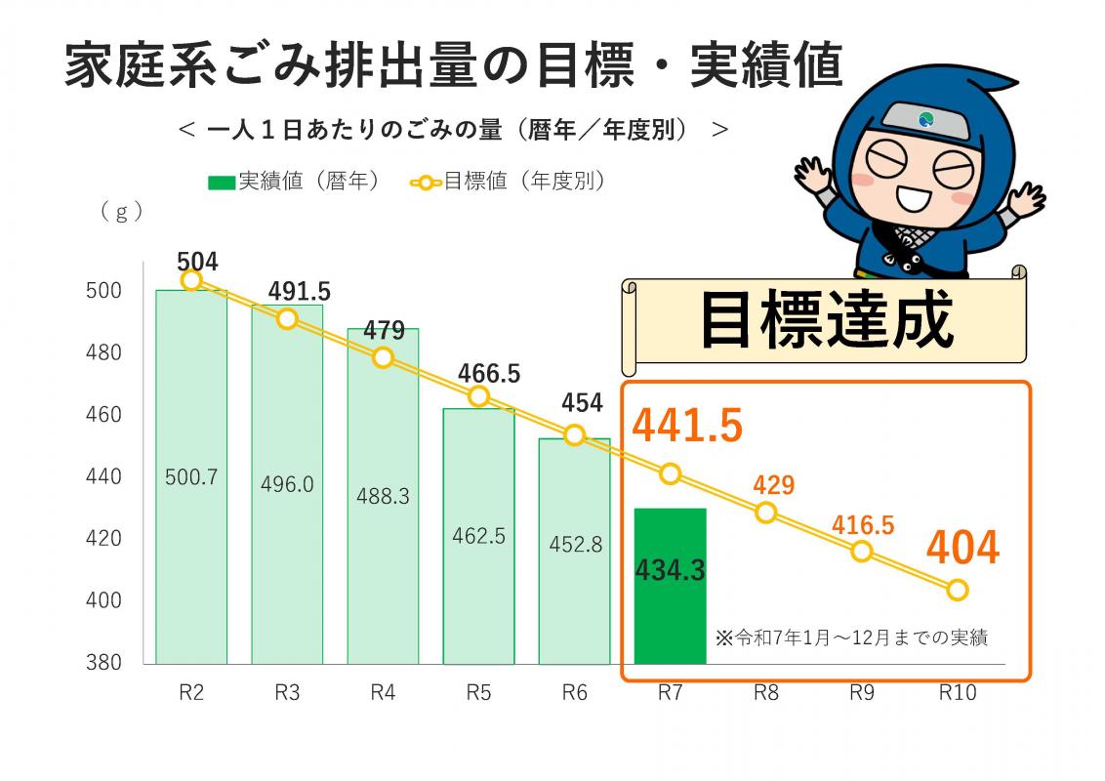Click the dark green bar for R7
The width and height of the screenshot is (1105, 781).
click(670, 586)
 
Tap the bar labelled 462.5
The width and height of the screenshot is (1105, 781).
click(478, 536)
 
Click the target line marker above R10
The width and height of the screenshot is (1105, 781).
click(958, 590)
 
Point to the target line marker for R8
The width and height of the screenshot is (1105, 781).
click(766, 513)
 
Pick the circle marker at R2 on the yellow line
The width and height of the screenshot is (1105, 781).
click(191, 280)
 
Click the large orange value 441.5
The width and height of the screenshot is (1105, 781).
click(687, 425)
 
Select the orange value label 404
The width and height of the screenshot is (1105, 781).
click(962, 548)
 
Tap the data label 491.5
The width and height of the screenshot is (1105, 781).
click(300, 291)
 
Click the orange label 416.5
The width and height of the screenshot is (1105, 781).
click(863, 525)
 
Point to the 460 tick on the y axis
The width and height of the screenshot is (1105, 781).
click(103, 415)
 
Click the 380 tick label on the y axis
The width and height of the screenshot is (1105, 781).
click(103, 663)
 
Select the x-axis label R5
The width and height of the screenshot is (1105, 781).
click(478, 693)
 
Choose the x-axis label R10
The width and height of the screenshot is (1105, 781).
click(958, 693)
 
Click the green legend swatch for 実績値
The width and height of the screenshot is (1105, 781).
click(222, 182)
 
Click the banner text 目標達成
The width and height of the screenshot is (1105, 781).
click(826, 321)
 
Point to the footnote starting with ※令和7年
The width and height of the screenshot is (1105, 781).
click(851, 638)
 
